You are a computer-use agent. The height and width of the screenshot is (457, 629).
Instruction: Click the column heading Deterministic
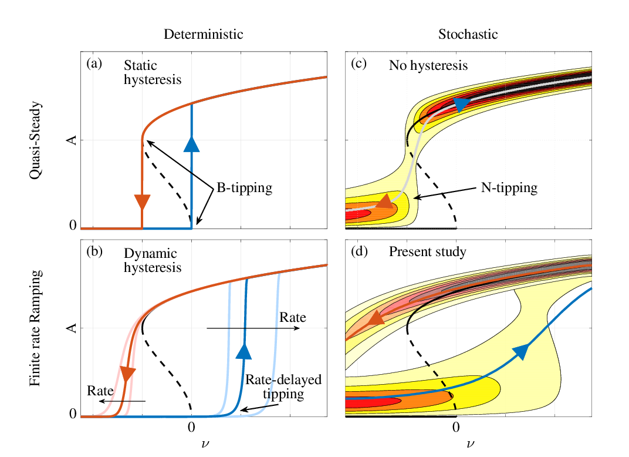(203, 34)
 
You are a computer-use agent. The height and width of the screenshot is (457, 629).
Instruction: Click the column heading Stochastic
(468, 34)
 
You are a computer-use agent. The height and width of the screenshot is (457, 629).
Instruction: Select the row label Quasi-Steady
(36, 140)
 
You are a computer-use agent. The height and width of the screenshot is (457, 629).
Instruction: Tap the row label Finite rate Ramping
(36, 328)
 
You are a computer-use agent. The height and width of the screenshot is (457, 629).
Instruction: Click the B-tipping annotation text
(244, 188)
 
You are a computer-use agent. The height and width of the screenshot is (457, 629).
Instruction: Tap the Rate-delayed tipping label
(283, 387)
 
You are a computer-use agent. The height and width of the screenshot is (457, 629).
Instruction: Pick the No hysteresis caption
(428, 65)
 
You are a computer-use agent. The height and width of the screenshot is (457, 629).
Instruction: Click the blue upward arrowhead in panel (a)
(192, 143)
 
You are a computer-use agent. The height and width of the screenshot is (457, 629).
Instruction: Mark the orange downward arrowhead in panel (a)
(142, 201)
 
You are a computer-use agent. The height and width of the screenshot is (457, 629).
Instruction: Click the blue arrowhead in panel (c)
(462, 105)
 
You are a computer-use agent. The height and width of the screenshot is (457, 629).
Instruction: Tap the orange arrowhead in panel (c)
(384, 202)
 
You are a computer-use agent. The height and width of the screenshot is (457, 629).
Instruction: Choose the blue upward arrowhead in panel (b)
(244, 351)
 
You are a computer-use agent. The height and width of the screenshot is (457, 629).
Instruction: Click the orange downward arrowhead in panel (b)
(127, 374)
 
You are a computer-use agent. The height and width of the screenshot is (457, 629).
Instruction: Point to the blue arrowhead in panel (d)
(520, 351)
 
